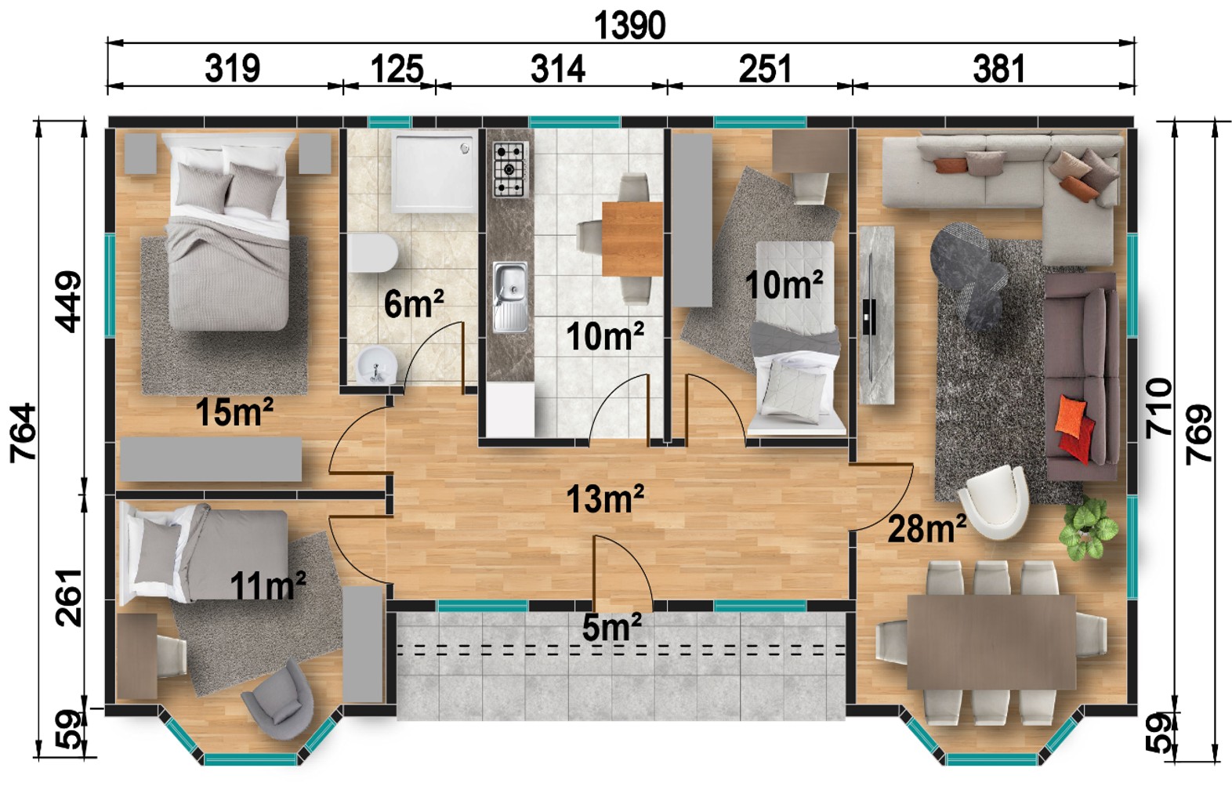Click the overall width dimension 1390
point(630,26)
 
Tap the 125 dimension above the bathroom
point(397,69)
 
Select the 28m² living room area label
point(927,527)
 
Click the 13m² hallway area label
point(605,498)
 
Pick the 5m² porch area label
point(611,627)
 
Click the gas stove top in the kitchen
point(510,169)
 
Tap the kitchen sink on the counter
point(510,298)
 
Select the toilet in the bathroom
point(373,253)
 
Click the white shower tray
point(434,171)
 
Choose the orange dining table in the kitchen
point(632,239)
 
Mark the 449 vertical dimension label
point(68,302)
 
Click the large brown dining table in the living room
point(991,641)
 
